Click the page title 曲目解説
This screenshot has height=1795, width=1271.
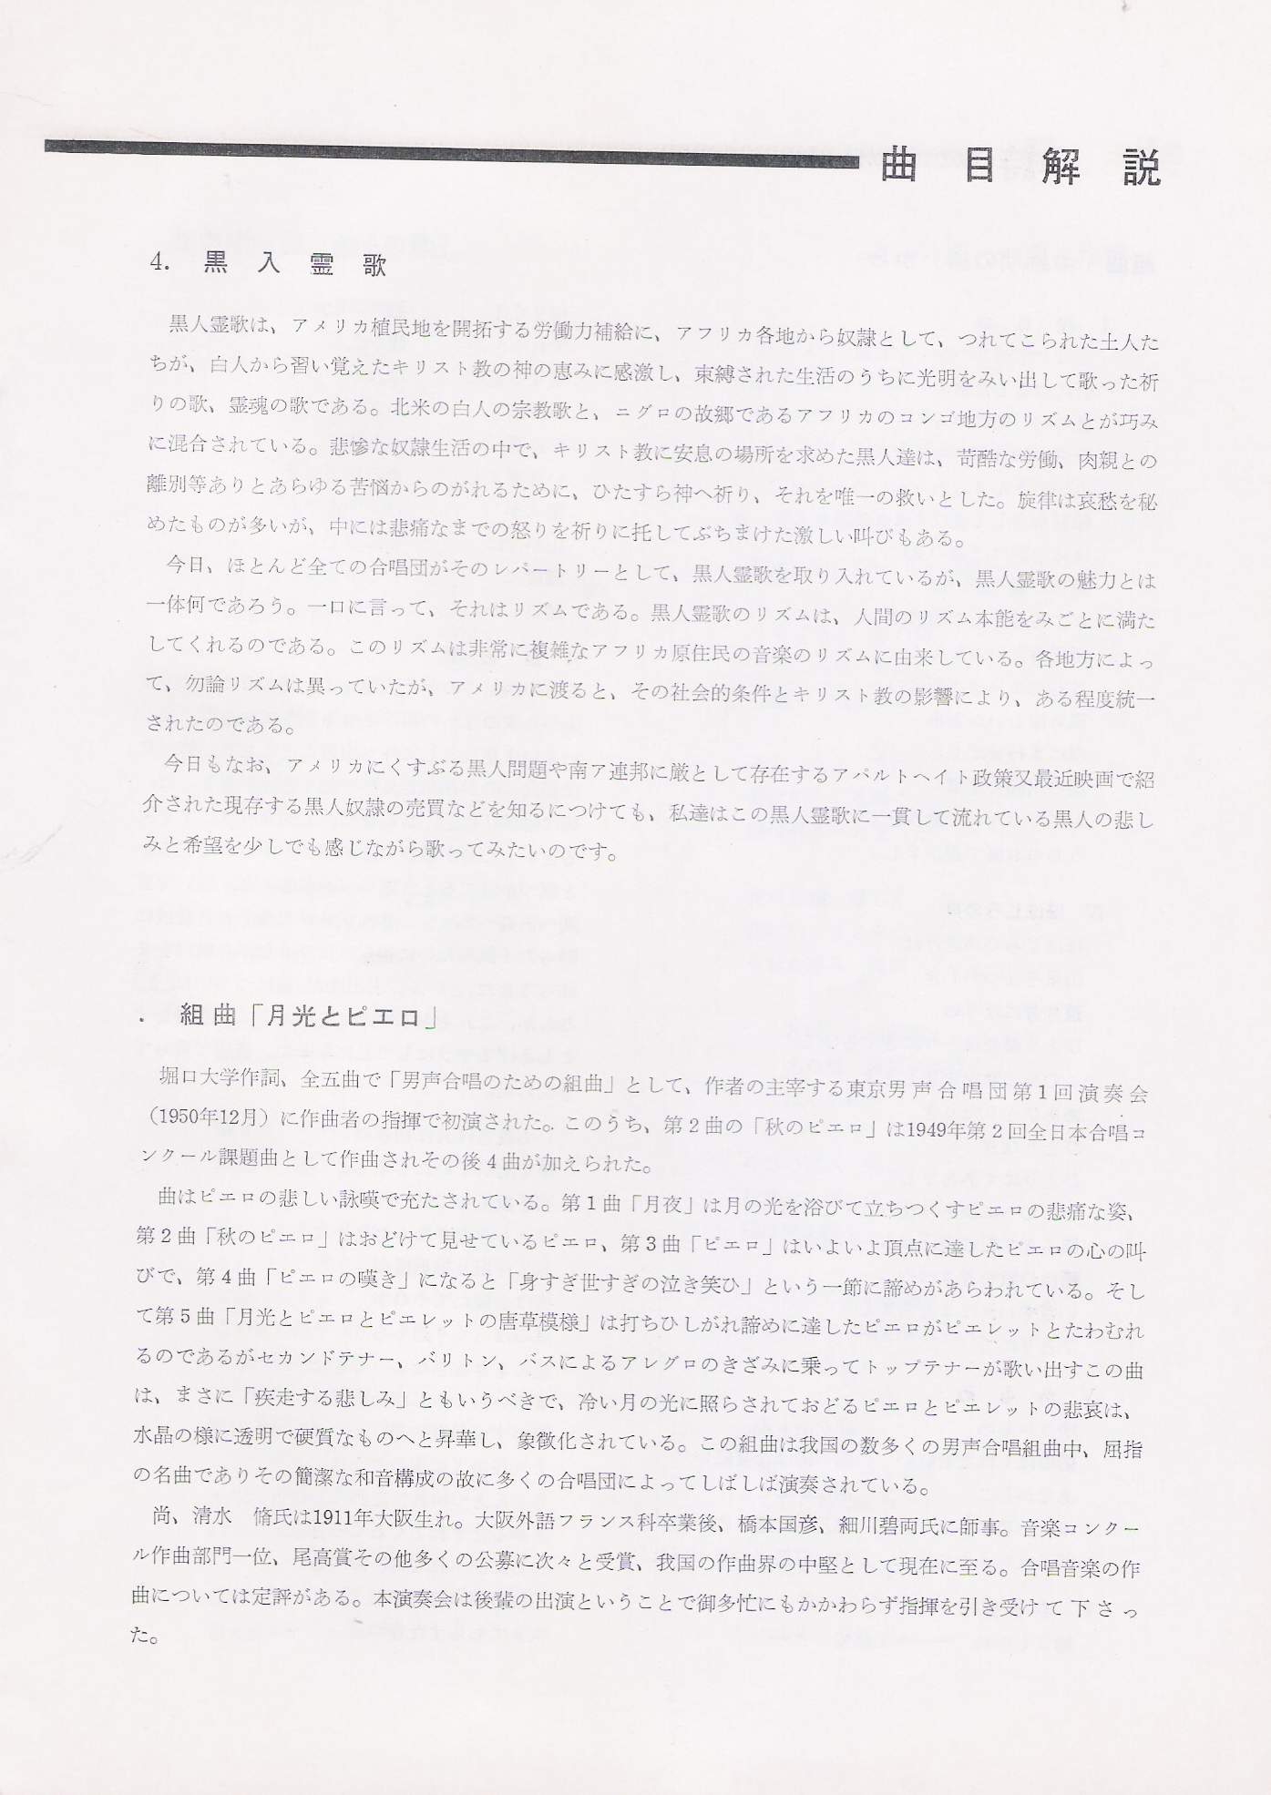[x=1020, y=168]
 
